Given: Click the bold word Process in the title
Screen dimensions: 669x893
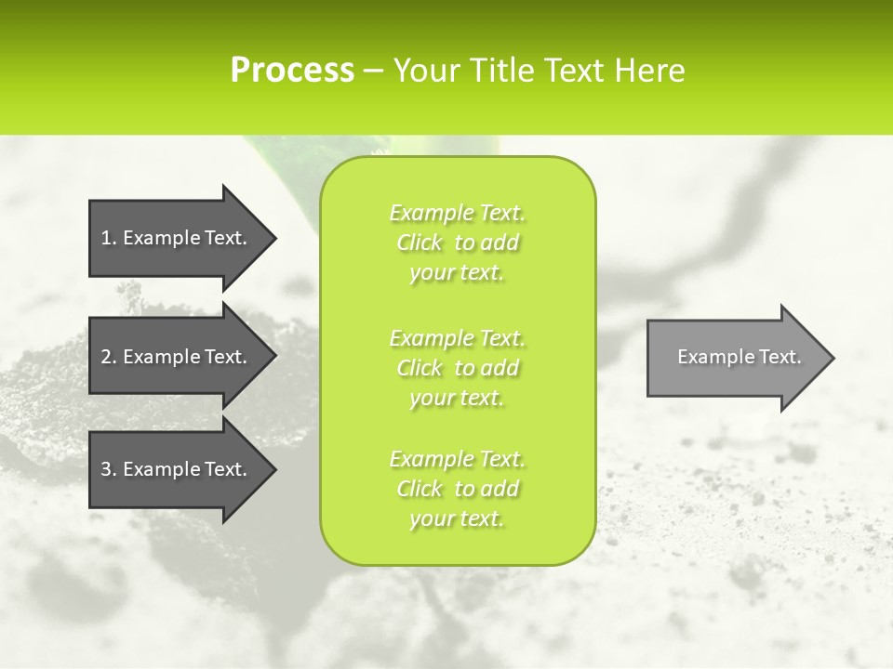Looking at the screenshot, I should [x=292, y=71].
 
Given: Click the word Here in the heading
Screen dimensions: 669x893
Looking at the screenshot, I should [x=649, y=71].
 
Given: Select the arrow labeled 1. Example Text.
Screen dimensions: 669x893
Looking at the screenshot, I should [x=177, y=238].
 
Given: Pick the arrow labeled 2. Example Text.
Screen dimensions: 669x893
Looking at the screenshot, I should [x=177, y=357].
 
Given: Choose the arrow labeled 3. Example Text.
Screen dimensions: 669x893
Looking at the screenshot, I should [x=177, y=469].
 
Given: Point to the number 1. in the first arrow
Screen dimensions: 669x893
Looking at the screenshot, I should [x=109, y=238].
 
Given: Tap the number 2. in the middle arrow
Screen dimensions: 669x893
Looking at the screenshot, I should [x=109, y=357].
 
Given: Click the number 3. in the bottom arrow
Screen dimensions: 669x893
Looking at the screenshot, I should [x=109, y=469].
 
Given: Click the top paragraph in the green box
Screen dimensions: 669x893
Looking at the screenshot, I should [x=458, y=243].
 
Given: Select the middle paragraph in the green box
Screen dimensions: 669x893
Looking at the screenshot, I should [x=458, y=368].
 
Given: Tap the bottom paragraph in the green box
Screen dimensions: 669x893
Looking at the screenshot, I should [x=458, y=489].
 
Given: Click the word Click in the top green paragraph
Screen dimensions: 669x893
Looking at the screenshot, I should [x=420, y=243].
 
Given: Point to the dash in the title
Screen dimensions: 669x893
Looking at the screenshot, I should [x=373, y=72].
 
